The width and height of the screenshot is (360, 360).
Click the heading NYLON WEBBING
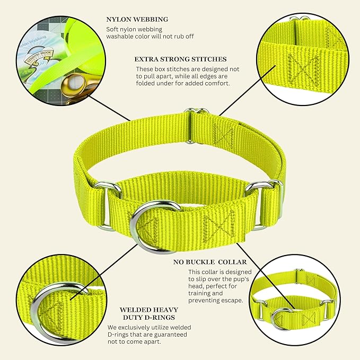137,20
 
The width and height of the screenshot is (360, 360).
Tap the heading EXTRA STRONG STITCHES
180,59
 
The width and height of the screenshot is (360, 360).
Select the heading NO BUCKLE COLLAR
210,262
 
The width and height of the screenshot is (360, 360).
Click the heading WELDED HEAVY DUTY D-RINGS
149,314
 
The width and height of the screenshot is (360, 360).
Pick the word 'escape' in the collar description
232,301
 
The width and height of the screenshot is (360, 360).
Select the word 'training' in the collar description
206,293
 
